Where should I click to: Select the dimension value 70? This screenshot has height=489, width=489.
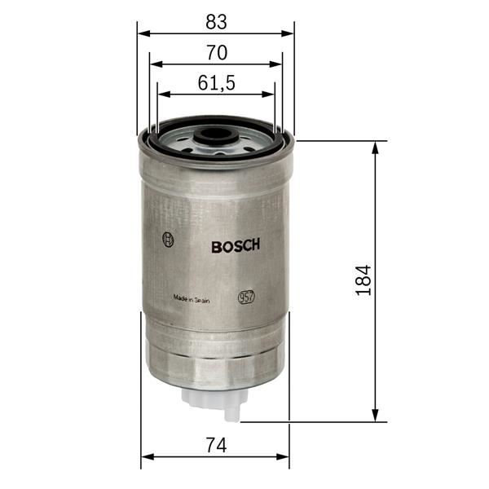pyautogui.click(x=216, y=53)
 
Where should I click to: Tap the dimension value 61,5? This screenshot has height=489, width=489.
pyautogui.click(x=216, y=82)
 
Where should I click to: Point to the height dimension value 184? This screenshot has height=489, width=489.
pyautogui.click(x=363, y=280)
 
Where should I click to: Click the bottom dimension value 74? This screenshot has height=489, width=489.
pyautogui.click(x=215, y=445)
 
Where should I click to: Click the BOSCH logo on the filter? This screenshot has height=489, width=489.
pyautogui.click(x=236, y=246)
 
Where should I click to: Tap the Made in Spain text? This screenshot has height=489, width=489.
pyautogui.click(x=192, y=299)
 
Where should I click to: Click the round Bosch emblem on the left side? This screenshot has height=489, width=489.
pyautogui.click(x=169, y=240)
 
